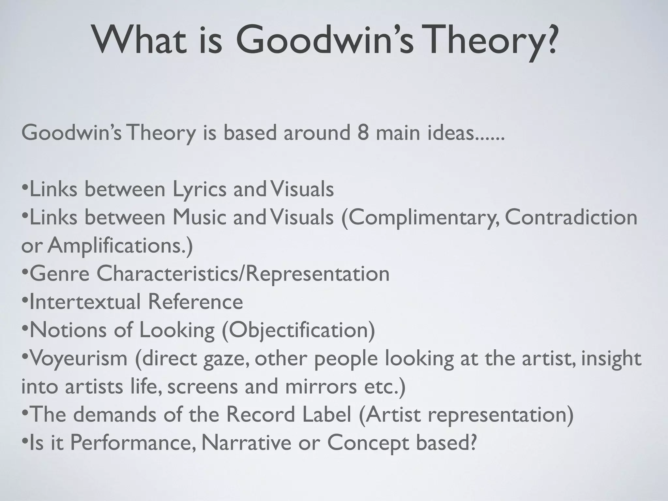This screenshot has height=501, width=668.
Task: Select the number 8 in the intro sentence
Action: pyautogui.click(x=362, y=133)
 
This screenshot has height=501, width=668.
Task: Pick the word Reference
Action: pyautogui.click(x=195, y=302)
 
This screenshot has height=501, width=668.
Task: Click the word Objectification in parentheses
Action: pyautogui.click(x=298, y=330)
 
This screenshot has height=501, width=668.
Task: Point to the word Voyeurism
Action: pyautogui.click(x=78, y=358)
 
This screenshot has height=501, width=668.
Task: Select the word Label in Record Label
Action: pyautogui.click(x=326, y=414)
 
